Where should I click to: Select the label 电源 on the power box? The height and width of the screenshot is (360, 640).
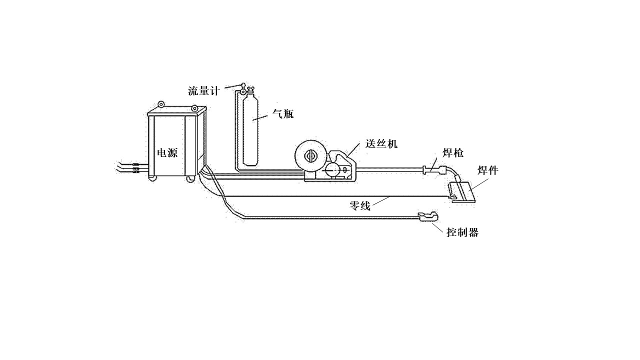pyautogui.click(x=167, y=153)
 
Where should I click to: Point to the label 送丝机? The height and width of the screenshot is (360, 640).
pyautogui.click(x=381, y=144)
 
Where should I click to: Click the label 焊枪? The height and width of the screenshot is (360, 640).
pyautogui.click(x=453, y=153)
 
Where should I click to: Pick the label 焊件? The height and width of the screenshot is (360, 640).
pyautogui.click(x=487, y=171)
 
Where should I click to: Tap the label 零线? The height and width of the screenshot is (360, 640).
pyautogui.click(x=359, y=205)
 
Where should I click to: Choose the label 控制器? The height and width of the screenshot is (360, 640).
pyautogui.click(x=462, y=232)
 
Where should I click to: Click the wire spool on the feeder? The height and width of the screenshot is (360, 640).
pyautogui.click(x=310, y=155)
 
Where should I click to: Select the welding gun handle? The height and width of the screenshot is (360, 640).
pyautogui.click(x=433, y=169)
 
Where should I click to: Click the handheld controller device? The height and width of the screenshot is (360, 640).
pyautogui.click(x=427, y=216)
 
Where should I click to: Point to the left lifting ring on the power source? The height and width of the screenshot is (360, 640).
pyautogui.click(x=161, y=105)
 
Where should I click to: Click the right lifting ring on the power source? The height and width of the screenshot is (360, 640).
pyautogui.click(x=194, y=108)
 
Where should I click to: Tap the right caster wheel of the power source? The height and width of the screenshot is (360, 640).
pyautogui.click(x=190, y=178)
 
